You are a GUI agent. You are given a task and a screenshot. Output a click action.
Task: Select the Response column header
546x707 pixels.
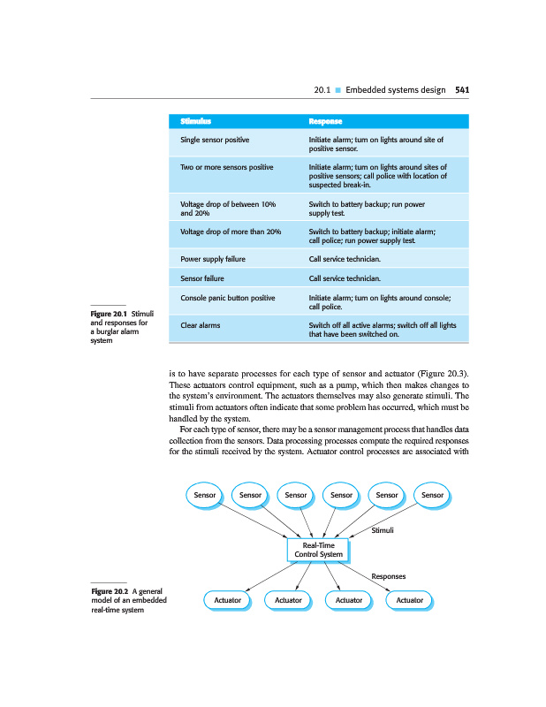click(325, 120)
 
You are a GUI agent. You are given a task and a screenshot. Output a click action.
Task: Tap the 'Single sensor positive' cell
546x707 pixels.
click(215, 141)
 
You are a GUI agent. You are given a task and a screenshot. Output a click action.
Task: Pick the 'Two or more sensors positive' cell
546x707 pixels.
click(226, 166)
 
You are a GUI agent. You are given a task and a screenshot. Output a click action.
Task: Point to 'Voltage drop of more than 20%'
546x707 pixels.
click(231, 232)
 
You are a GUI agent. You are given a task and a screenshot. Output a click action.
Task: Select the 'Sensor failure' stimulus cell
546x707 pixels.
click(202, 278)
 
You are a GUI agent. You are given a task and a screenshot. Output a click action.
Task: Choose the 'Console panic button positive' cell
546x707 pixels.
click(227, 299)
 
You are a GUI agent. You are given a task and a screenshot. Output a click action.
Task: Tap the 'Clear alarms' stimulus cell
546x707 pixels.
click(201, 325)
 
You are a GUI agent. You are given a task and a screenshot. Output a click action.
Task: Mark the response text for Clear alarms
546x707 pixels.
click(382, 331)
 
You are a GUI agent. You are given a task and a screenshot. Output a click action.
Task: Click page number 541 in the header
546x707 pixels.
click(461, 89)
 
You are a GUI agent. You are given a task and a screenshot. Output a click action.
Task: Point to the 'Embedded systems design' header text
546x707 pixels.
click(396, 89)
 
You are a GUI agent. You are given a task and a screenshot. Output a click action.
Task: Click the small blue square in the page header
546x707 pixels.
click(337, 90)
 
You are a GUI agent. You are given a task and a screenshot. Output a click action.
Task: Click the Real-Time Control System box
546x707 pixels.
click(318, 550)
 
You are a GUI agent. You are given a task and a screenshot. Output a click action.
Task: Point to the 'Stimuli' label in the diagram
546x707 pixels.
click(382, 529)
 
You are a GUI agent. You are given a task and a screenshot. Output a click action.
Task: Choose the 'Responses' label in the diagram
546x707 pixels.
click(388, 575)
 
